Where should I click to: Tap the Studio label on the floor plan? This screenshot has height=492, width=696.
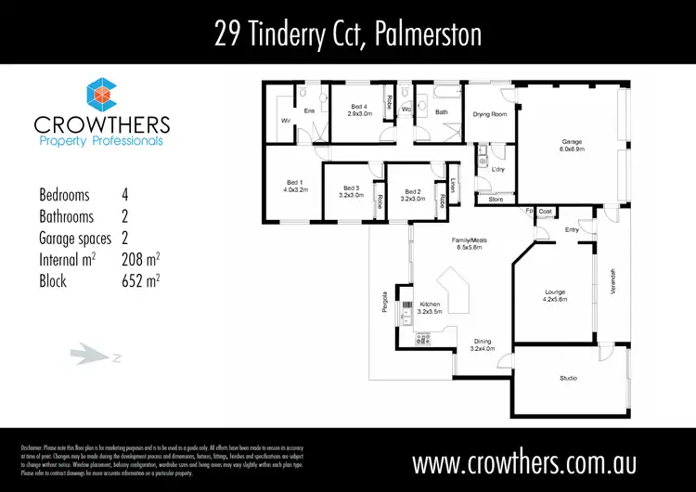pos(568,378)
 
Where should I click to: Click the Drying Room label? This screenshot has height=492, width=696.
pos(489,114)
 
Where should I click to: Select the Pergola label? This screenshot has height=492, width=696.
pos(384,304)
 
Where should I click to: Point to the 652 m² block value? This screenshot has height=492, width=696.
pos(140,281)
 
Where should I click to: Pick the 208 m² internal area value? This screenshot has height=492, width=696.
pos(140,260)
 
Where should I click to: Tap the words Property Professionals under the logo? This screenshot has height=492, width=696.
pos(100,141)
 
